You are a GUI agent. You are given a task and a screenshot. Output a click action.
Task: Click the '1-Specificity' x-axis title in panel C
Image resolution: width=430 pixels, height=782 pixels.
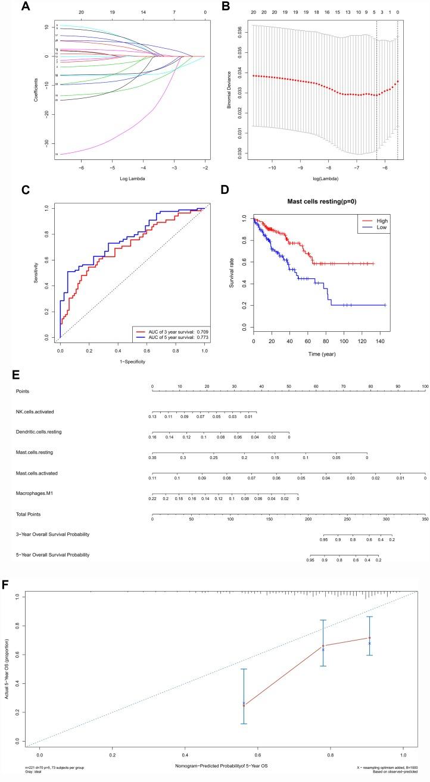[132, 360]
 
